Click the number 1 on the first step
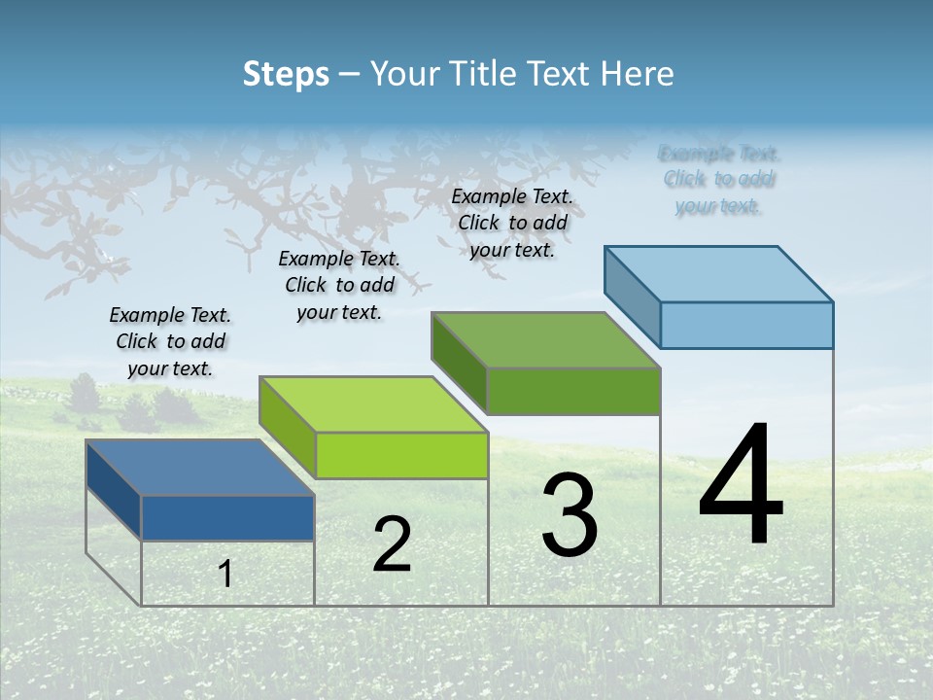click(x=225, y=575)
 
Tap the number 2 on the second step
click(x=392, y=544)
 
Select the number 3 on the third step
click(x=570, y=515)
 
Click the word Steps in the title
click(x=286, y=74)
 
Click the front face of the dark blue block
click(x=227, y=517)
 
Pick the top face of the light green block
click(x=373, y=403)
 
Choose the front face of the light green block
click(x=401, y=455)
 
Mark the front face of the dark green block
click(x=573, y=391)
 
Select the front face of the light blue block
click(x=746, y=325)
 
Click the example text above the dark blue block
click(x=170, y=342)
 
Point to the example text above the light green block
click(x=339, y=285)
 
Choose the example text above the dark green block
click(x=512, y=223)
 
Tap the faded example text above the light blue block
click(x=719, y=180)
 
